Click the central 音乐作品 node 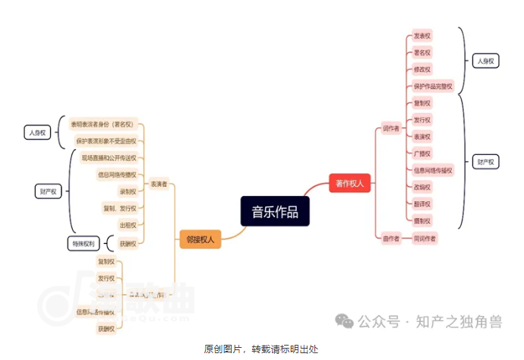coord(275,211)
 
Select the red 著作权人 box coord(350,183)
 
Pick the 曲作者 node coord(391,238)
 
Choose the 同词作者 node coord(425,238)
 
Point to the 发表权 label coord(422,36)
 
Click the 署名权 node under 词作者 coord(422,52)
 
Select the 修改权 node coord(422,69)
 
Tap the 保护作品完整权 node coord(433,86)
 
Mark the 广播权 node coord(422,153)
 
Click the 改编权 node coord(422,187)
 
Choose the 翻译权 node coord(422,204)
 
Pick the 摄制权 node coord(422,220)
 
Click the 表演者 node coord(159,183)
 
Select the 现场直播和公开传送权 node coord(109,158)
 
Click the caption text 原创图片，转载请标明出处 coord(261,349)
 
